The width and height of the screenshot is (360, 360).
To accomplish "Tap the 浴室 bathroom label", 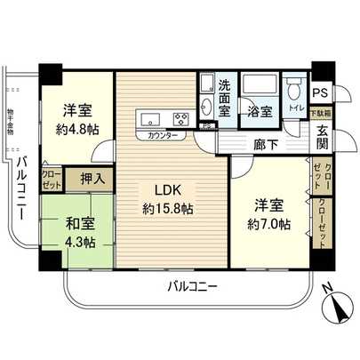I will pyautogui.click(x=260, y=111).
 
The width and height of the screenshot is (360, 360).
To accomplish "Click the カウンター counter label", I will pyautogui.click(x=161, y=135).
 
